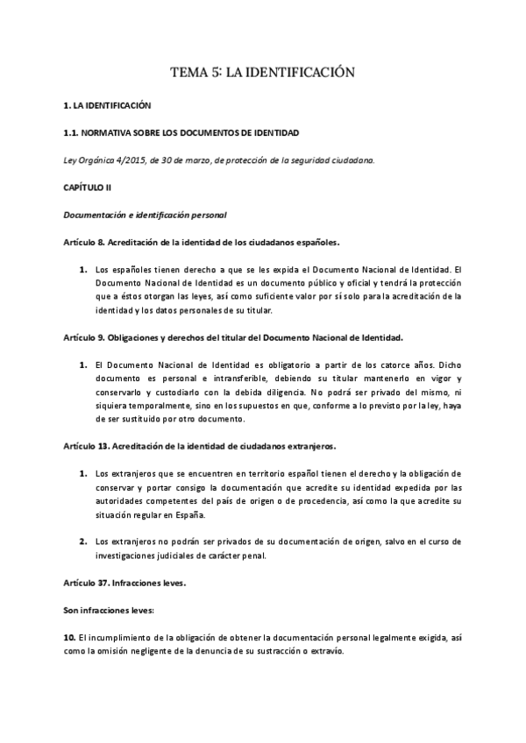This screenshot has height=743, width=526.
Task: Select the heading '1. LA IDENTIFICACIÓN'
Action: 107,105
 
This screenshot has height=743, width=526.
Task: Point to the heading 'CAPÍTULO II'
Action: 87,188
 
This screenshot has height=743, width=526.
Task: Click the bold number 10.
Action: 69,637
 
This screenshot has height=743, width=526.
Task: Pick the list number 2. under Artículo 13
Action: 83,541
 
